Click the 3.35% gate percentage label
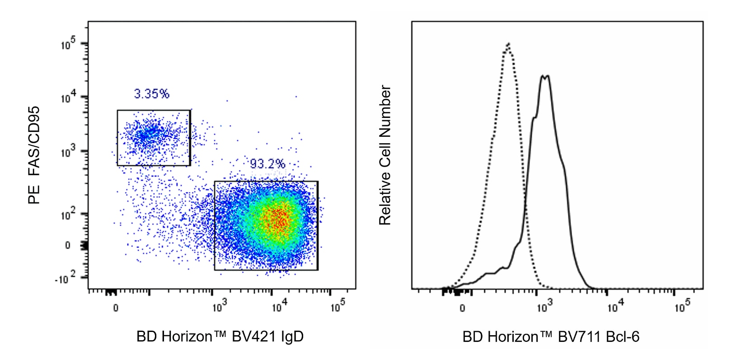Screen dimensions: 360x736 pos(151,94)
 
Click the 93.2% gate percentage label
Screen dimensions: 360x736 pos(267,164)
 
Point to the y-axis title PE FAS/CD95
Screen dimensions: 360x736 pos(34,155)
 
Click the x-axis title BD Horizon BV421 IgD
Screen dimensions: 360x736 pos(220,337)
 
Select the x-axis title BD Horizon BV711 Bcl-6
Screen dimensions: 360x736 pos(550,337)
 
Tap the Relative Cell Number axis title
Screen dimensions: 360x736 pos(385,155)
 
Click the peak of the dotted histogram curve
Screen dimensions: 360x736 pos(509,44)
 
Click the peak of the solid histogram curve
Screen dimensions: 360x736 pos(545,76)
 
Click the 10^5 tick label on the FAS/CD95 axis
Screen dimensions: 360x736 pos(68,44)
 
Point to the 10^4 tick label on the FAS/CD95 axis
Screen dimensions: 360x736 pos(68,97)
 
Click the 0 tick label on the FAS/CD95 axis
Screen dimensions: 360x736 pos(68,245)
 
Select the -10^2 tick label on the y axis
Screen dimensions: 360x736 pos(65,279)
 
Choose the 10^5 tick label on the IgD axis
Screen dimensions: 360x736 pos(338,307)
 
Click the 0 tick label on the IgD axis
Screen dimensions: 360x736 pos(116,308)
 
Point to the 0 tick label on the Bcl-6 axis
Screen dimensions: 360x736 pos(462,308)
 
